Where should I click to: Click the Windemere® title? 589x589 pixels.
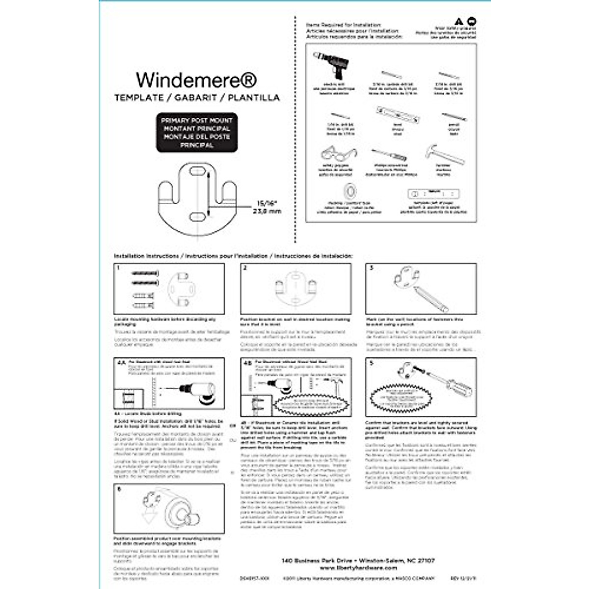pyautogui.click(x=196, y=80)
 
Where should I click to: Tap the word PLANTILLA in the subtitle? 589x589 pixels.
pyautogui.click(x=254, y=98)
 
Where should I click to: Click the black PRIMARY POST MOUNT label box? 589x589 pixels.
pyautogui.click(x=197, y=133)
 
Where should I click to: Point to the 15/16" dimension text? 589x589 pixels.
pyautogui.click(x=267, y=203)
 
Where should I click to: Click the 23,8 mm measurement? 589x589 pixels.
pyautogui.click(x=267, y=212)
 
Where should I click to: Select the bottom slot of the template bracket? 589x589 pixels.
pyautogui.click(x=196, y=216)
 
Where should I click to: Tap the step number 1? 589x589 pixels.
pyautogui.click(x=118, y=268)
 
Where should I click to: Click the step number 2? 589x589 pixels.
pyautogui.click(x=245, y=268)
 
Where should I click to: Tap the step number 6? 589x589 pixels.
pyautogui.click(x=119, y=489)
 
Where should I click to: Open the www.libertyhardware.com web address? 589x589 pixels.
pyautogui.click(x=358, y=567)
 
